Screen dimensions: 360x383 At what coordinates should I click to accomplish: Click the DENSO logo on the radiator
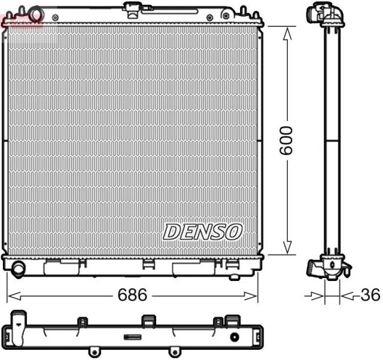(202, 231)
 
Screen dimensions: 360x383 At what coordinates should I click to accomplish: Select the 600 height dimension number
(287, 140)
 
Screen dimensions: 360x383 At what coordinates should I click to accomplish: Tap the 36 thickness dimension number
(370, 295)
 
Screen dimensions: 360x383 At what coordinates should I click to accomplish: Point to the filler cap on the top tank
(132, 7)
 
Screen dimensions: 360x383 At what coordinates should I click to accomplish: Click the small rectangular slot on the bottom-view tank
(132, 337)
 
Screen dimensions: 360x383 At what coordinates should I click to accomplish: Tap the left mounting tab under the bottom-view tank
(92, 351)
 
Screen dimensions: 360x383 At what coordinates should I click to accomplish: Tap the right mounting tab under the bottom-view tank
(174, 351)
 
